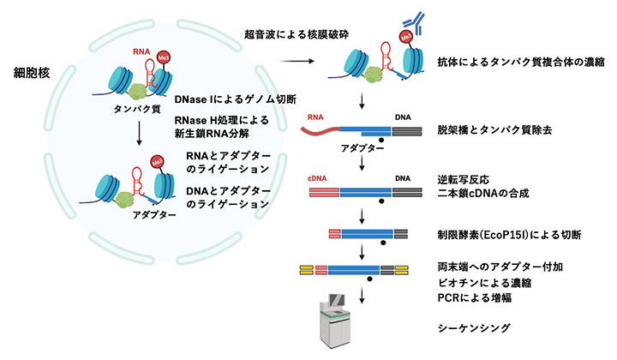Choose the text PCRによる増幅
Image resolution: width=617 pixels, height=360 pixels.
pyautogui.click(x=475, y=297)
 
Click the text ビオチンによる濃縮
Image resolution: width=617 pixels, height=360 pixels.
pyautogui.click(x=482, y=283)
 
